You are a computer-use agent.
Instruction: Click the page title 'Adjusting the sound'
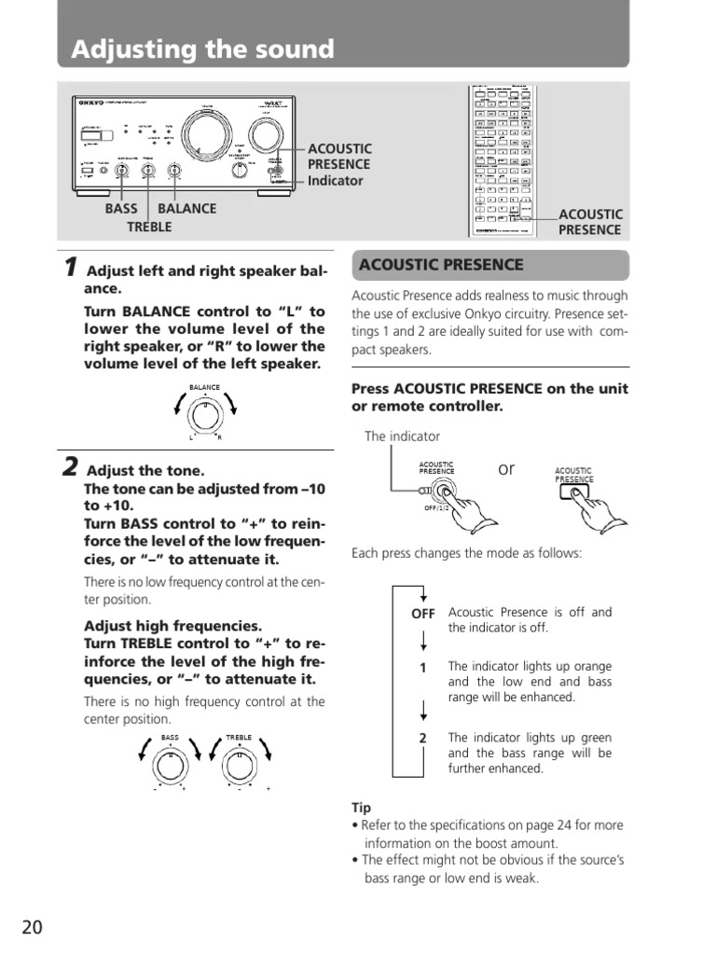click(x=203, y=49)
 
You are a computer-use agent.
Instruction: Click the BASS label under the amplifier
click(x=121, y=209)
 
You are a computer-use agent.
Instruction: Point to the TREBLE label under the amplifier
click(x=149, y=228)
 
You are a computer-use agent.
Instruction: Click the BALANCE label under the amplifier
click(x=186, y=209)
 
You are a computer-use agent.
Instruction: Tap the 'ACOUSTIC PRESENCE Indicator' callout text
click(x=339, y=165)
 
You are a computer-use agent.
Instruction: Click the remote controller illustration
click(x=503, y=159)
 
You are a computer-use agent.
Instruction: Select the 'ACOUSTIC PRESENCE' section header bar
click(x=490, y=265)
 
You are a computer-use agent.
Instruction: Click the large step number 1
click(x=69, y=268)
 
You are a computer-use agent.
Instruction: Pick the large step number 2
click(x=69, y=467)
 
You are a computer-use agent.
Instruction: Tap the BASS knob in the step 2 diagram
click(x=169, y=764)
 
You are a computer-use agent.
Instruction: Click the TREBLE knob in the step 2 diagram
click(x=238, y=764)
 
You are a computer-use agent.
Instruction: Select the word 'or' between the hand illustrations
click(x=506, y=468)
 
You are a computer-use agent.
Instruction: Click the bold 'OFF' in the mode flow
click(x=423, y=614)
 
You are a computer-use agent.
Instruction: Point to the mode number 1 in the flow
click(x=422, y=668)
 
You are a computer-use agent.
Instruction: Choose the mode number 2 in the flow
click(x=422, y=738)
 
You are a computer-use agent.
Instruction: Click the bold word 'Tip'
click(x=361, y=807)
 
